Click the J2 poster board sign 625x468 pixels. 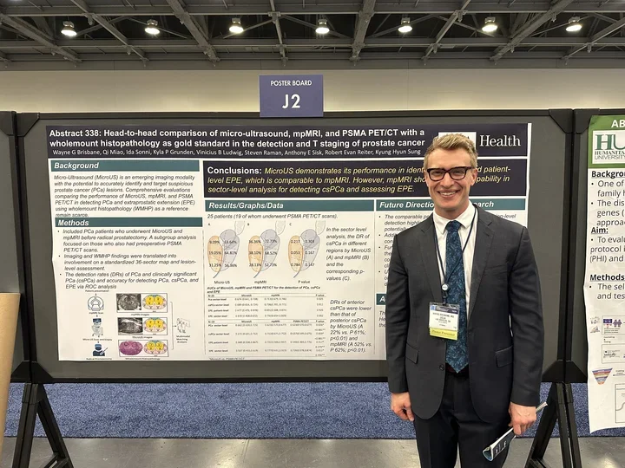tap(291, 96)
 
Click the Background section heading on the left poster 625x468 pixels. tap(76, 166)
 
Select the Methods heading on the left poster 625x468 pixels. tap(73, 223)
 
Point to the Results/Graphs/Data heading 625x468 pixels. tap(246, 205)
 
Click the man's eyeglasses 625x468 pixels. tap(450, 172)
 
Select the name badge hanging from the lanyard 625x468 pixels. tap(443, 320)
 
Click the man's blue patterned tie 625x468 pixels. tap(456, 286)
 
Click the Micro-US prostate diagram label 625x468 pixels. tap(221, 282)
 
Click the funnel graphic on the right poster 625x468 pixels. tap(602, 375)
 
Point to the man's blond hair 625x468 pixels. tap(450, 146)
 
